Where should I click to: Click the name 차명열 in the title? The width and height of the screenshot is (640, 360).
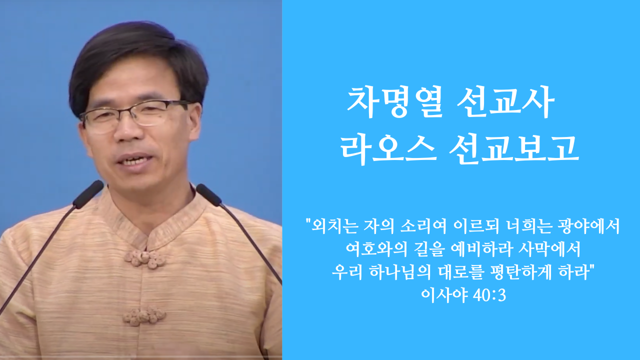pyautogui.click(x=395, y=102)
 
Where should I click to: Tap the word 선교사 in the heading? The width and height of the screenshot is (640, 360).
pyautogui.click(x=506, y=102)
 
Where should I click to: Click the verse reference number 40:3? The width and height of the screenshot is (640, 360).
pyautogui.click(x=489, y=295)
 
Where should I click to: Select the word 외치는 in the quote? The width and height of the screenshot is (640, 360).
pyautogui.click(x=335, y=226)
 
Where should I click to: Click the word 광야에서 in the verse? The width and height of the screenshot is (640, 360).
pyautogui.click(x=588, y=226)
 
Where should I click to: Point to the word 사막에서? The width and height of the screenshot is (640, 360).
pyautogui.click(x=549, y=249)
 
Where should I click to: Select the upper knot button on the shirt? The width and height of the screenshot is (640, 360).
pyautogui.click(x=145, y=259)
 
